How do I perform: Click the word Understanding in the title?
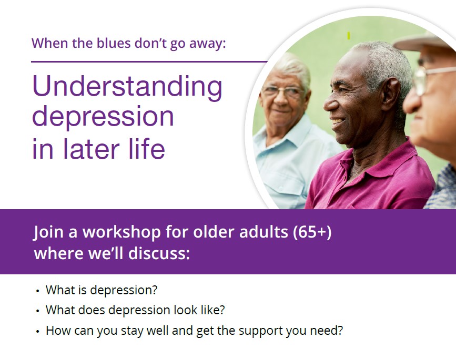(x=127, y=87)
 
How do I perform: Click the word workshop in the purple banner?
(x=121, y=232)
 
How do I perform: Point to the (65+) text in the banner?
(x=312, y=232)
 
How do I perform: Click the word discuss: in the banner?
(x=159, y=253)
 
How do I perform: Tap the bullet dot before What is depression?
(x=37, y=291)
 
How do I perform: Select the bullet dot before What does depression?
(x=37, y=311)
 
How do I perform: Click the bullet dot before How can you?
(x=37, y=331)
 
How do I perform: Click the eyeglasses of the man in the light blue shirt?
(x=282, y=91)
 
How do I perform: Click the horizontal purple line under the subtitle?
(x=149, y=61)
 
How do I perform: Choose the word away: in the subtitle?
(x=208, y=44)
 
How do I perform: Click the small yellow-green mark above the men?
(x=349, y=36)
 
